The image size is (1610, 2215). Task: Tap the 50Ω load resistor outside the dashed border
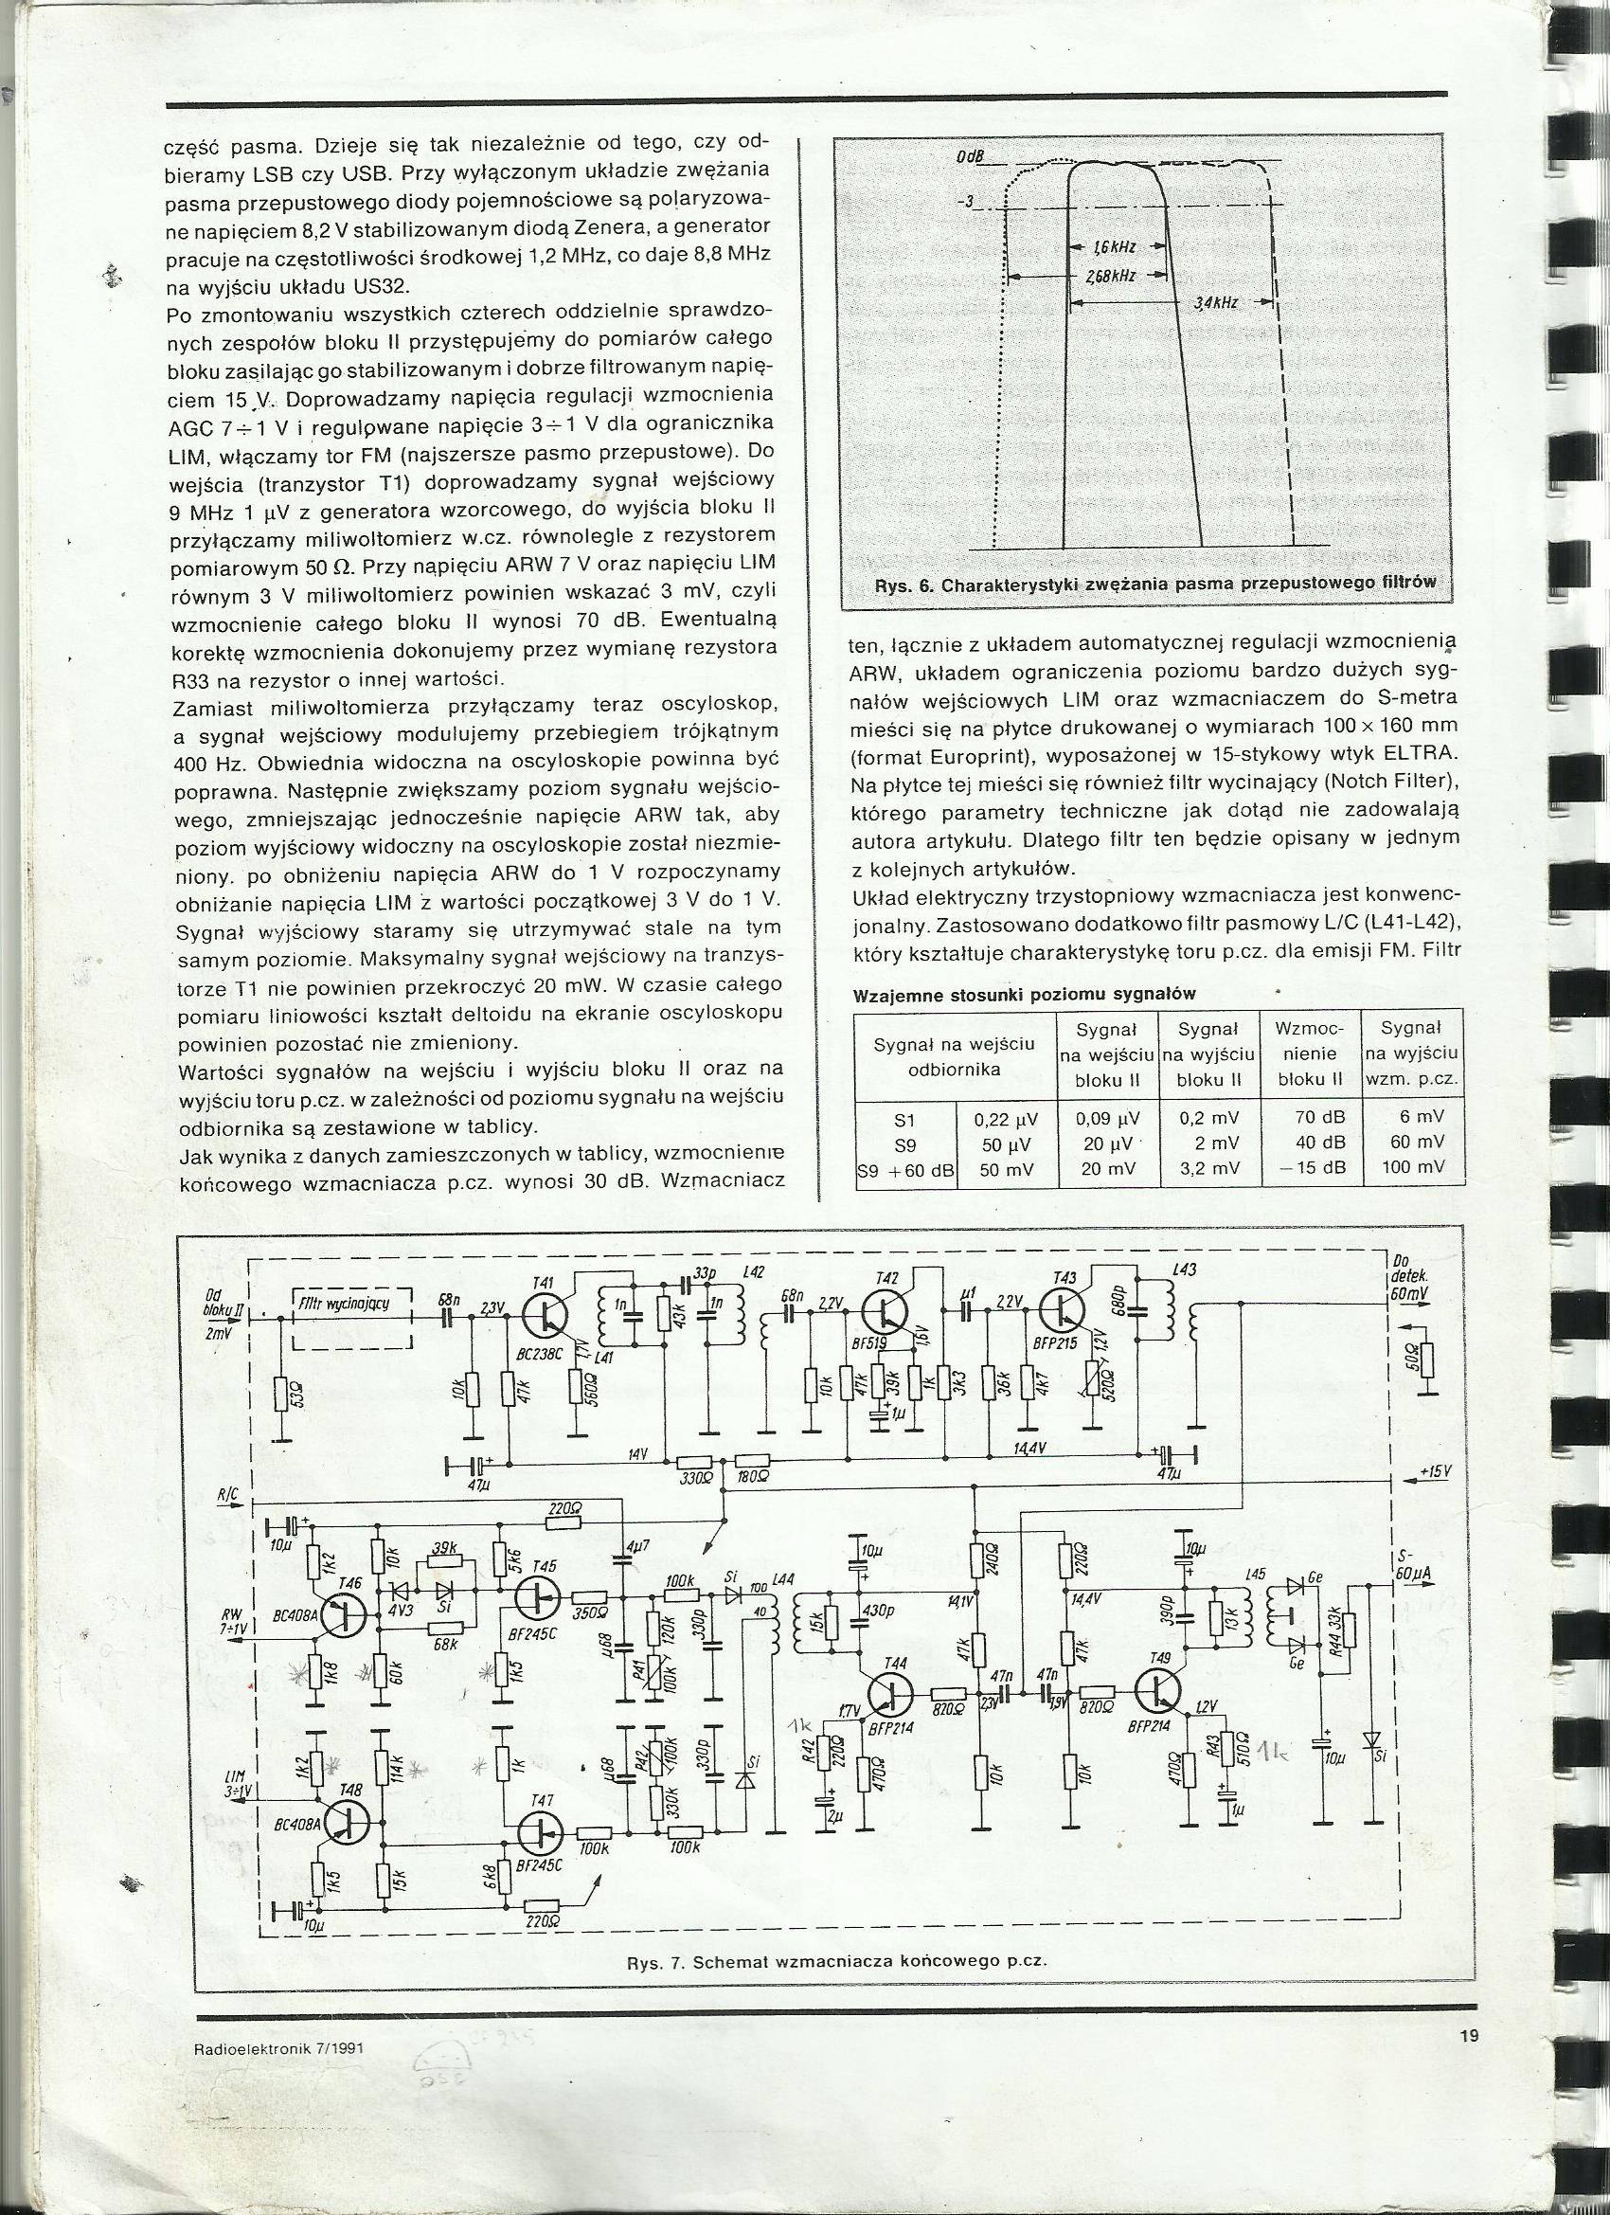tap(1428, 1359)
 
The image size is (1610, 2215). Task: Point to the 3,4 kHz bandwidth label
tap(1217, 304)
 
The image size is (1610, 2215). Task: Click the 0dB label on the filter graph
tap(970, 158)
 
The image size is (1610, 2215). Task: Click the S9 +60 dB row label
tap(904, 1168)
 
